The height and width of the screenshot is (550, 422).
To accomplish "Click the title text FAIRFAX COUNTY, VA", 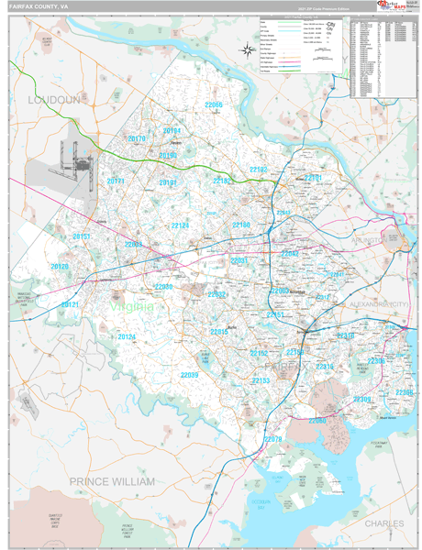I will (x=38, y=6).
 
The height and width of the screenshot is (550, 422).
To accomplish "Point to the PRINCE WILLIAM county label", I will (x=112, y=480).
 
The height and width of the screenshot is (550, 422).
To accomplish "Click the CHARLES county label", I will (x=383, y=522).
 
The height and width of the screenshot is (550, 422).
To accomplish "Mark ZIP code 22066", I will (x=213, y=105).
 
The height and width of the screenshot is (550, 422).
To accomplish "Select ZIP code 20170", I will (x=137, y=138).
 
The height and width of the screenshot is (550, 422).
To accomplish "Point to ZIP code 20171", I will (x=116, y=181).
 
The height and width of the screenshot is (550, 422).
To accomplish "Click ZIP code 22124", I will (x=180, y=225).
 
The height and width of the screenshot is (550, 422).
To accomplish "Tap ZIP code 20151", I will (x=82, y=236).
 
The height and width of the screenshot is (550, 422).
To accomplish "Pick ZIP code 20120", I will (x=60, y=266).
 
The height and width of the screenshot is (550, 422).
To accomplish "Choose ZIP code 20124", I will (x=127, y=336).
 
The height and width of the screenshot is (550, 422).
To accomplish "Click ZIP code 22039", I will (x=189, y=375).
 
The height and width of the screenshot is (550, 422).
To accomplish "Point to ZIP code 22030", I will (x=163, y=287).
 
